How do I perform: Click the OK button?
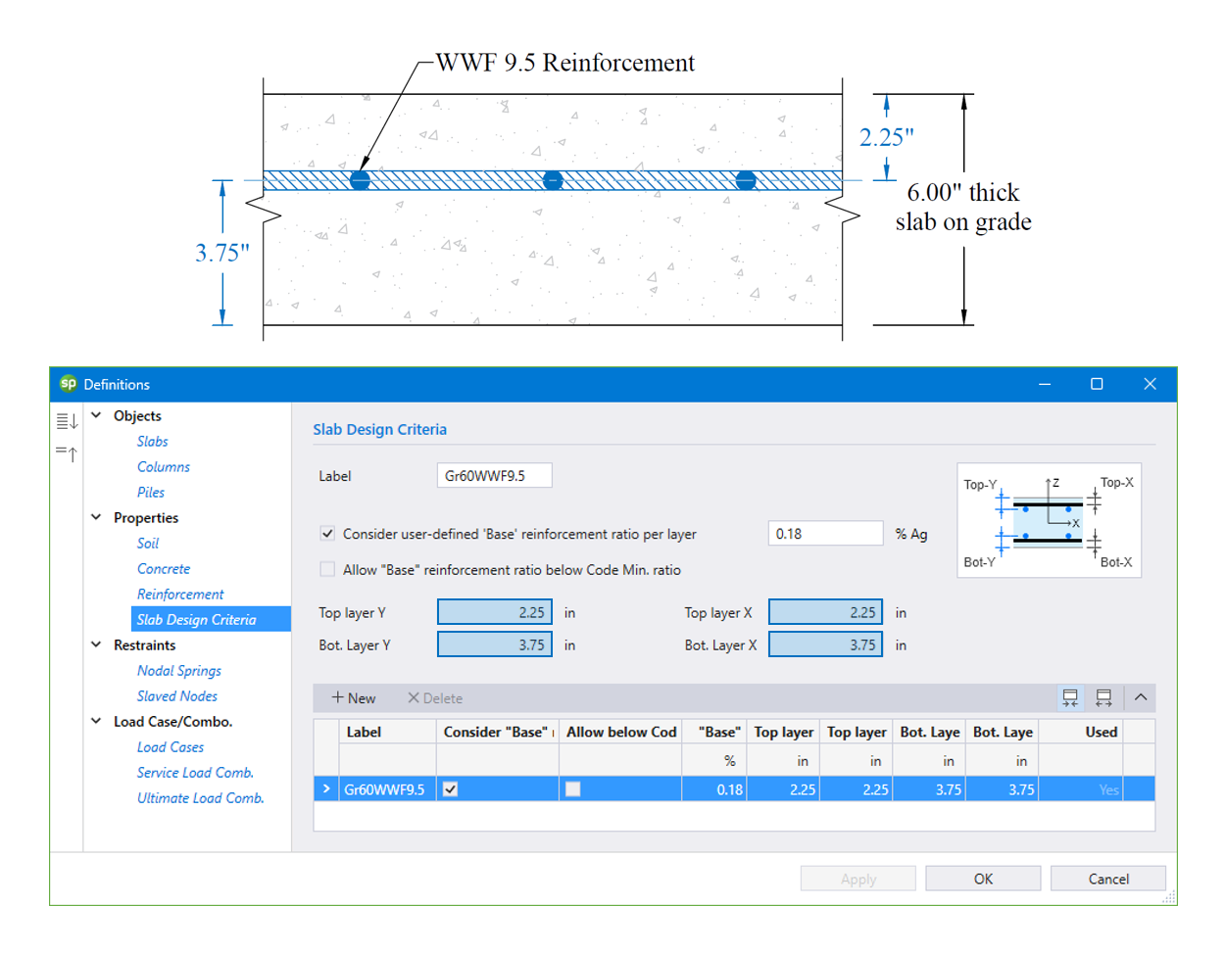(x=982, y=879)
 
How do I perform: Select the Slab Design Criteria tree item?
(x=196, y=619)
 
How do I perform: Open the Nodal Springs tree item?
(x=178, y=670)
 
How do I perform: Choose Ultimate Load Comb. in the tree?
(x=200, y=797)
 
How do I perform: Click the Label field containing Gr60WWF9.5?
(x=494, y=475)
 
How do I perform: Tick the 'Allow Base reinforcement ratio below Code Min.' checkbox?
(x=327, y=569)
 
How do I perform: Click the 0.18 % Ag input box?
(x=824, y=534)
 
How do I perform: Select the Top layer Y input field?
(x=494, y=612)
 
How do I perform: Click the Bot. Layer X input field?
(x=824, y=644)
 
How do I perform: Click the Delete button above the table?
(x=435, y=697)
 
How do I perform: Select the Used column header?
(x=1100, y=732)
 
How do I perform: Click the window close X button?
(x=1150, y=384)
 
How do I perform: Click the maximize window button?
(x=1097, y=384)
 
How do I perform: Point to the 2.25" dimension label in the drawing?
(x=886, y=137)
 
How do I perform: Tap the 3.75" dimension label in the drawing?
(x=222, y=253)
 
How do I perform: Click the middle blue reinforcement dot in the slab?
(x=553, y=180)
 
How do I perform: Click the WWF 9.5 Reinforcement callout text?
(x=564, y=63)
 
